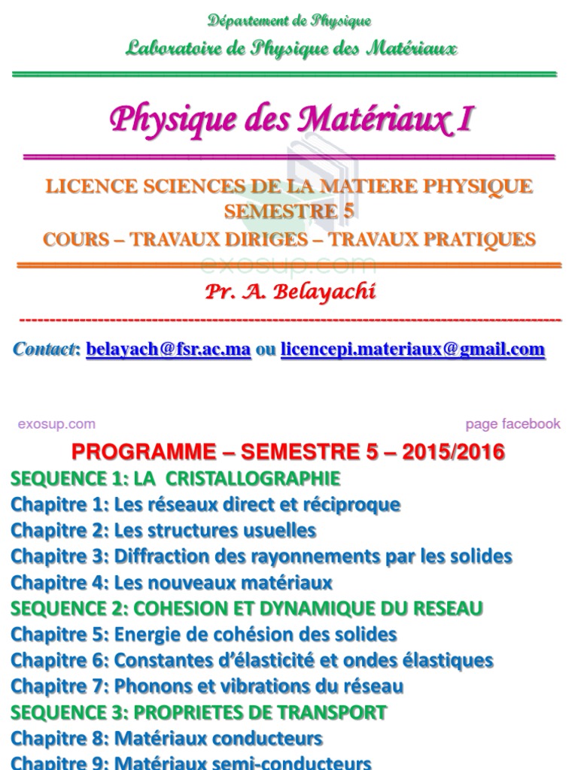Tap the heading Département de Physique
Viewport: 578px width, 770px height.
click(290, 21)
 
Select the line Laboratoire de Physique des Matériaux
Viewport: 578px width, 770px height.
click(291, 50)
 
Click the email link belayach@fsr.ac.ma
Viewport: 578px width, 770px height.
click(169, 350)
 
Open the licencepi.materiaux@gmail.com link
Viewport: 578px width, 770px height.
click(412, 350)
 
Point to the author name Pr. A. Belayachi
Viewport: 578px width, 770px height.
click(290, 293)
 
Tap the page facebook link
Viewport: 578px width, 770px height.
click(513, 424)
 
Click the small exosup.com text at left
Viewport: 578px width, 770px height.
click(56, 424)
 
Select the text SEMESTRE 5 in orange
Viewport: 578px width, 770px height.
click(289, 212)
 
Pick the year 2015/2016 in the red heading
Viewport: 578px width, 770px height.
click(454, 452)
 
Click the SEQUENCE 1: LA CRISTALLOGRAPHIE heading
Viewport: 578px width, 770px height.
click(175, 478)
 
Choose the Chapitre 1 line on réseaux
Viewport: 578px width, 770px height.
click(205, 505)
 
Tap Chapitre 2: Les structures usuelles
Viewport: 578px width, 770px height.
click(163, 530)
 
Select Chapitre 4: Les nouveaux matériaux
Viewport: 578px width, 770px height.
click(172, 583)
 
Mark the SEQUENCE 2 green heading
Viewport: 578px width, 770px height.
click(247, 608)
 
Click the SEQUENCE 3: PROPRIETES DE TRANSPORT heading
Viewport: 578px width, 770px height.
click(199, 712)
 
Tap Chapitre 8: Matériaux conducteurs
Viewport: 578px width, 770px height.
click(166, 738)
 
